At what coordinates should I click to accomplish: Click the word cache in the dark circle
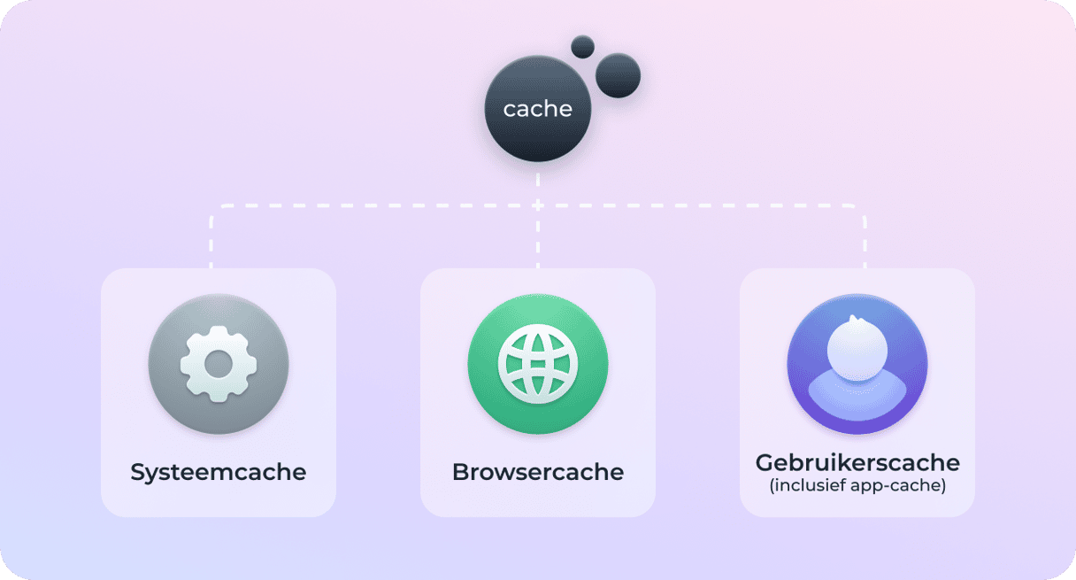pos(537,109)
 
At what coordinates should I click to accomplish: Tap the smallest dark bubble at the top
pos(582,47)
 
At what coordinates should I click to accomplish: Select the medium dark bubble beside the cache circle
pos(618,75)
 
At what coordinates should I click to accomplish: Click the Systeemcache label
pos(218,472)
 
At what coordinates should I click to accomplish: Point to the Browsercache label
pos(538,472)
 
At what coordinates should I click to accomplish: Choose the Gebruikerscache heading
pos(857,463)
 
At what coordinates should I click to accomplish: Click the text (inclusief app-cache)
pos(857,485)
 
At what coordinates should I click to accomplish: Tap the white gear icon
pos(219,364)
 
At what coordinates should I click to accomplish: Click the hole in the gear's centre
pos(219,364)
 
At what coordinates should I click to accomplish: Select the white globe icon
pos(538,364)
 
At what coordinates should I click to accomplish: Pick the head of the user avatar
pos(857,349)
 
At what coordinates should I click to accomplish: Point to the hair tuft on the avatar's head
pos(854,319)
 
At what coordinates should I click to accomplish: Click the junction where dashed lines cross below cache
pos(537,205)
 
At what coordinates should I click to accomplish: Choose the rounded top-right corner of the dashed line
pos(861,209)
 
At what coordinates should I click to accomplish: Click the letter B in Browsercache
pos(461,472)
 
